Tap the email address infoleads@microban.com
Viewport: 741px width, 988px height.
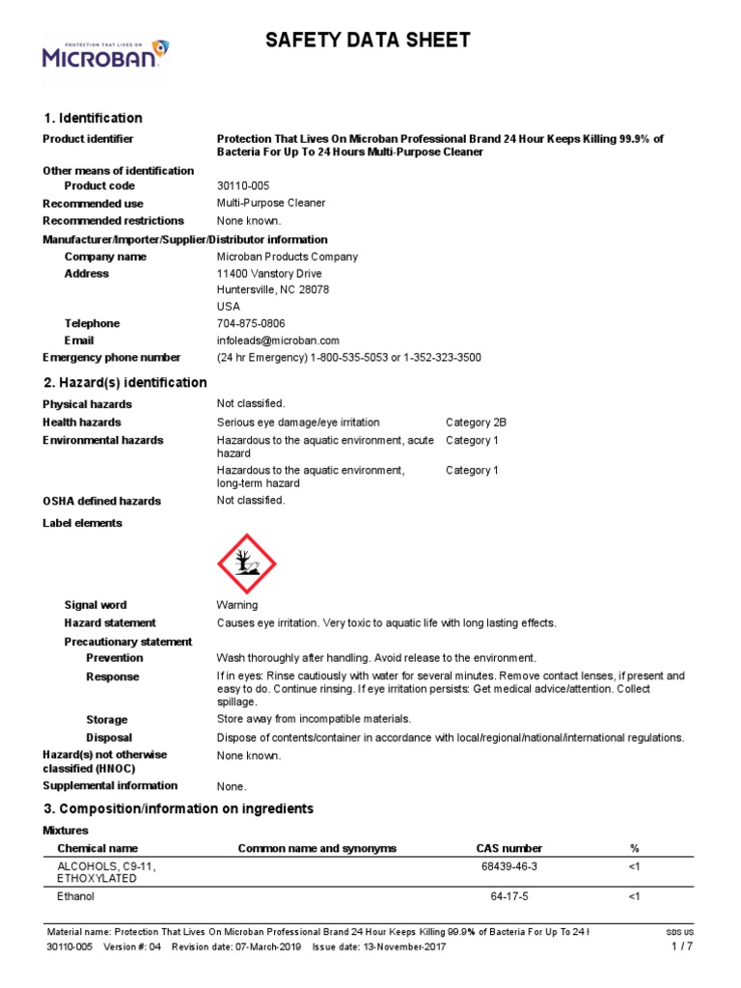[x=278, y=341]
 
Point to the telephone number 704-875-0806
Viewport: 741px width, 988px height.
[x=251, y=323]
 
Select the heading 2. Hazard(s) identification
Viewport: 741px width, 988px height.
[x=124, y=383]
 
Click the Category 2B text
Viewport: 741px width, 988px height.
[x=476, y=423]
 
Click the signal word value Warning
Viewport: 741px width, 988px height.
[x=237, y=605]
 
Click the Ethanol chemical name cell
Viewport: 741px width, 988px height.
[x=76, y=897]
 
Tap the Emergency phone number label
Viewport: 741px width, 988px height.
[x=111, y=358]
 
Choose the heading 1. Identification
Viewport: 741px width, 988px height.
[x=93, y=118]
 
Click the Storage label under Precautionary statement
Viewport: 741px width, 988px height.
[x=106, y=720]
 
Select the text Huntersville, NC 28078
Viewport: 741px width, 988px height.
[x=273, y=289]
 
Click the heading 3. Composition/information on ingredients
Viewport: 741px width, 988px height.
[x=178, y=809]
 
